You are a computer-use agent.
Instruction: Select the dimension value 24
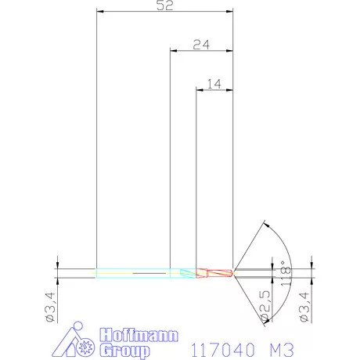(x=200, y=45)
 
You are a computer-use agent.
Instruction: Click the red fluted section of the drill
(x=213, y=272)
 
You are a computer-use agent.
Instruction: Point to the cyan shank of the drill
(x=133, y=272)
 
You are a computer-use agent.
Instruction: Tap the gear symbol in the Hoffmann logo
(x=87, y=345)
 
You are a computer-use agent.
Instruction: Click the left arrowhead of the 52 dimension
(x=99, y=12)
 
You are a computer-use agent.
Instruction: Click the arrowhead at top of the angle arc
(x=268, y=225)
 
